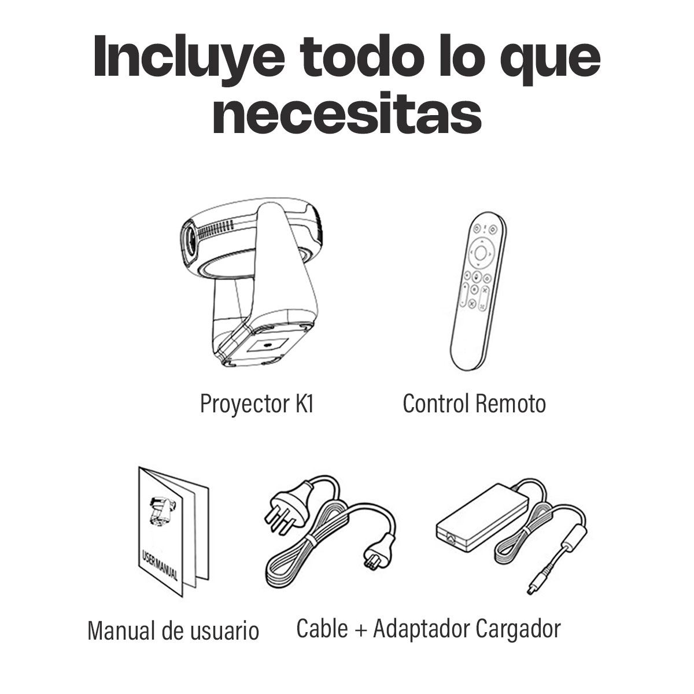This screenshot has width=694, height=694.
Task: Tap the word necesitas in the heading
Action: [347, 112]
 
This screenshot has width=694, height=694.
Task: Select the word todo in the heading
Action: [364, 56]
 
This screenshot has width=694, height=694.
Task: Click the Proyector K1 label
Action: [257, 404]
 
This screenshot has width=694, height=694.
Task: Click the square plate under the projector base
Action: [268, 345]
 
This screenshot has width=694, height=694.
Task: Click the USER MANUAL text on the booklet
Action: [160, 565]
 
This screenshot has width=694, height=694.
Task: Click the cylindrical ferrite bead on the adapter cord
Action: [573, 541]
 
